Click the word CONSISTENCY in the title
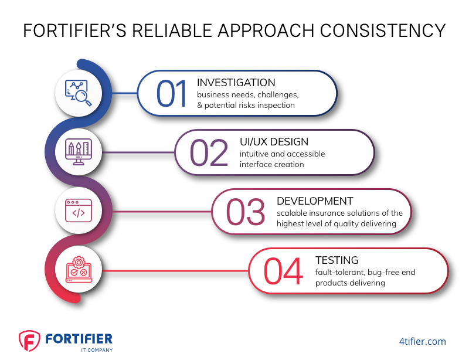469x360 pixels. point(383,30)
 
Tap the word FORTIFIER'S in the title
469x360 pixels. point(75,30)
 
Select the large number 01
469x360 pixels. point(172,94)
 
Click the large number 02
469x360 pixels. point(209,152)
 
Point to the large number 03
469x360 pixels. point(246,212)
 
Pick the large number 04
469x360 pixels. point(283,271)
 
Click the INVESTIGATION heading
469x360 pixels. point(236,83)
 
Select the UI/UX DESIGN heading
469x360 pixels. point(274,142)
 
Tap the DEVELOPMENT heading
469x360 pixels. point(315,201)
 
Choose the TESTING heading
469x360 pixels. point(337,260)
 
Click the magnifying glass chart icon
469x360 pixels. point(79,93)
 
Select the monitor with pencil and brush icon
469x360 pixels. point(79,152)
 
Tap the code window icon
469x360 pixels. point(79,210)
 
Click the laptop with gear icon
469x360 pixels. point(79,269)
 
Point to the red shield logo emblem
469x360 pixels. point(29,341)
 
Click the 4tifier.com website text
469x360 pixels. point(422,341)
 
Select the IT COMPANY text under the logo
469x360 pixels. point(97,350)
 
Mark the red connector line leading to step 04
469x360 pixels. point(175,271)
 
